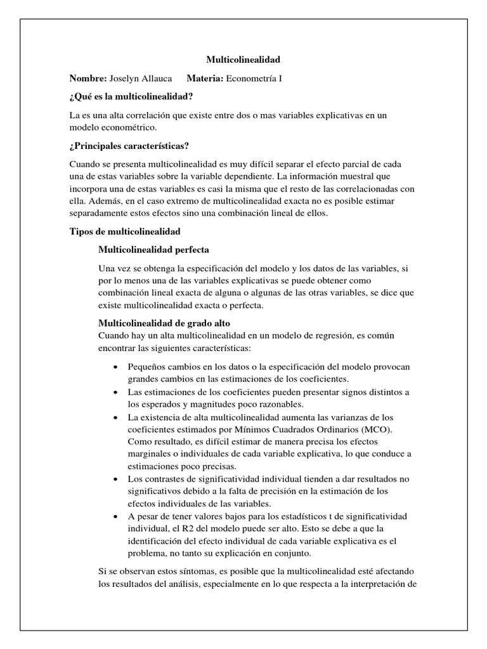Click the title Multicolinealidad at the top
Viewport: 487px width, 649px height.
click(243, 60)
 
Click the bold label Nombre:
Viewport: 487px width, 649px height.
click(88, 78)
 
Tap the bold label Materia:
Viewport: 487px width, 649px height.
click(206, 78)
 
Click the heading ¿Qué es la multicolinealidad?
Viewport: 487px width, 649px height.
click(131, 96)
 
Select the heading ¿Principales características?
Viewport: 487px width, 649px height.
click(130, 146)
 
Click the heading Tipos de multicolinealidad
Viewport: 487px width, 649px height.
click(125, 232)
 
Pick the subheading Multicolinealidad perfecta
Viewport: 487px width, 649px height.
click(154, 250)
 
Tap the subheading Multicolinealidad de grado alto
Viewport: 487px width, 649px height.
click(160, 323)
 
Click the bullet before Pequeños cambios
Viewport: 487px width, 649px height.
click(114, 368)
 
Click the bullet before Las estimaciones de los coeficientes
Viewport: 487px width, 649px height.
click(114, 392)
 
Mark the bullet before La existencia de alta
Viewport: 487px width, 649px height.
click(114, 417)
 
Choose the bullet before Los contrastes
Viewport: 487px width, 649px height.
click(114, 479)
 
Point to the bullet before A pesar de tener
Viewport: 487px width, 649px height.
click(114, 516)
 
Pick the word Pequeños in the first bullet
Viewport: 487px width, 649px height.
click(146, 368)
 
